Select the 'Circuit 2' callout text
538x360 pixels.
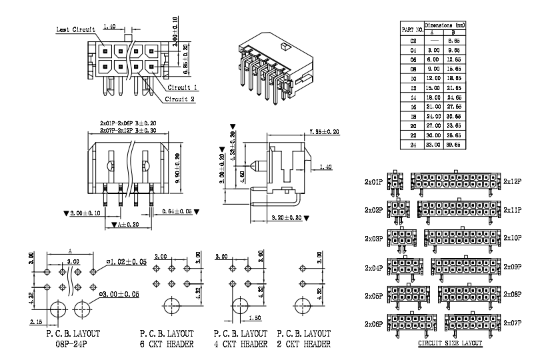(181, 99)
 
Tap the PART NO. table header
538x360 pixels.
(412, 29)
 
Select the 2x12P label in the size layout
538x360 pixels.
(512, 181)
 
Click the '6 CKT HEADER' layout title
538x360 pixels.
(167, 344)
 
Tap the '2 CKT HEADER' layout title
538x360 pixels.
(303, 344)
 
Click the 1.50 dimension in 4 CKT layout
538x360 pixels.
(256, 318)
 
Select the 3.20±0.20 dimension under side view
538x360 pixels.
(287, 217)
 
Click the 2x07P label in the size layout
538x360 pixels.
(512, 323)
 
